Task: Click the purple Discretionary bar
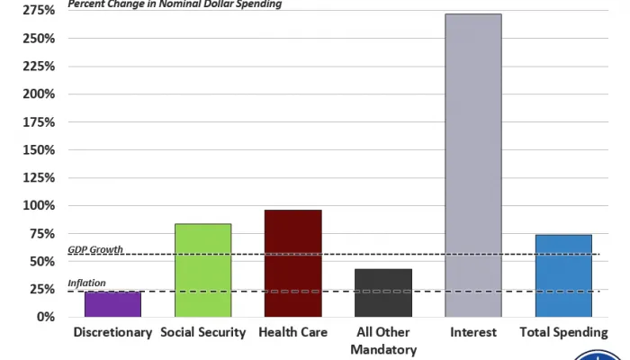coord(112,304)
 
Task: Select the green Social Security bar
coord(202,270)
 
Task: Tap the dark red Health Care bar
coord(292,263)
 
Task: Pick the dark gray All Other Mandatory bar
coord(383,292)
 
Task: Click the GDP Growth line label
coord(95,249)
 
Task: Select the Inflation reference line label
coord(86,283)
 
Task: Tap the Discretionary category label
coord(112,333)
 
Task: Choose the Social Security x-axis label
coord(202,333)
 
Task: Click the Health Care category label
coord(292,333)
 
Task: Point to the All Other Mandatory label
coord(383,341)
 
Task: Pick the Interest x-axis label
coord(473,333)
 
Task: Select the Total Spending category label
coord(563,333)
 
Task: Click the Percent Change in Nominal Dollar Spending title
coord(175,4)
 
